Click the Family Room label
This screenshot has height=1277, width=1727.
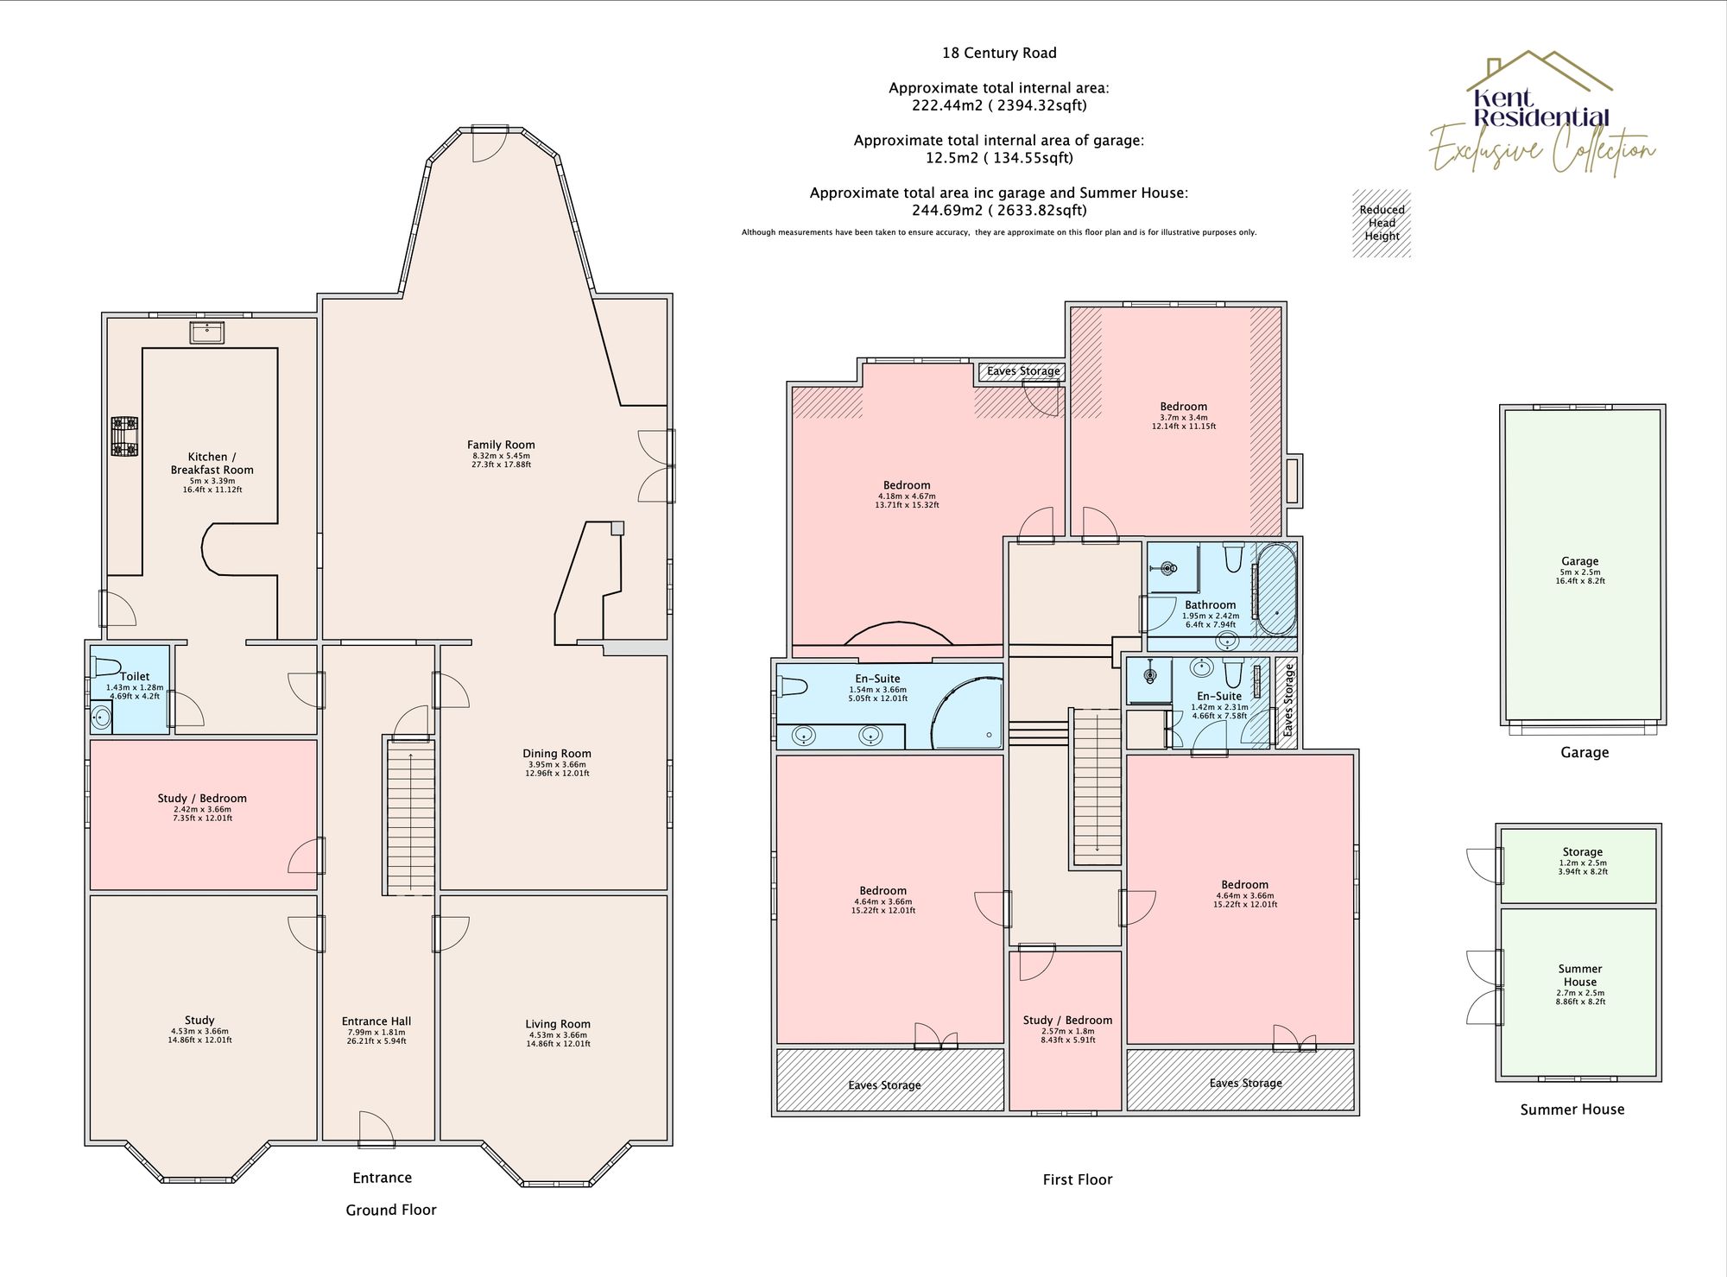pos(501,445)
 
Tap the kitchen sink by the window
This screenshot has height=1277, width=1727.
pos(207,332)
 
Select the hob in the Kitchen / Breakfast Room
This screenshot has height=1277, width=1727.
pos(124,436)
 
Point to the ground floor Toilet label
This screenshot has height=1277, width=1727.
pos(135,676)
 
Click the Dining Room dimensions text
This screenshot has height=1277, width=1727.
pos(556,769)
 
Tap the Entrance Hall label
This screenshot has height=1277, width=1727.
pos(376,1021)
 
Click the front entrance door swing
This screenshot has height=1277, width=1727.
pos(377,1128)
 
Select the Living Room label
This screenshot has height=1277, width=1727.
pos(558,1024)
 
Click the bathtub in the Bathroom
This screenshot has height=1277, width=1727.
pos(1275,589)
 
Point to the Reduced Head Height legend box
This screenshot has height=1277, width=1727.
pos(1382,224)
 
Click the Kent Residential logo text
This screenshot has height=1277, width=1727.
pos(1540,109)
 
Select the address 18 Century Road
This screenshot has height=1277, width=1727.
pos(999,53)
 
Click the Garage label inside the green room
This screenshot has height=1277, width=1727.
pos(1579,561)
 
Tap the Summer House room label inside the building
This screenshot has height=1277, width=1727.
pos(1579,975)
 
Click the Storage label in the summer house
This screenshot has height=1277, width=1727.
pos(1582,851)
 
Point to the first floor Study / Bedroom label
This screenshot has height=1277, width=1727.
pos(1067,1020)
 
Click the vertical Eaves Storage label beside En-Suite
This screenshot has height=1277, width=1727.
pos(1287,699)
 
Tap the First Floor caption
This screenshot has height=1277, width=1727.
pos(1077,1179)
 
